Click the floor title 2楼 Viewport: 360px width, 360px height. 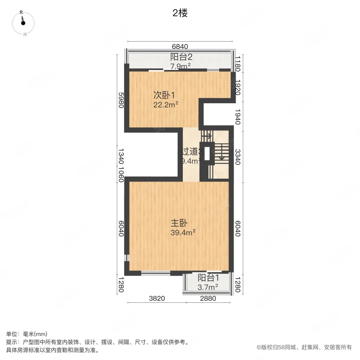(x=180, y=13)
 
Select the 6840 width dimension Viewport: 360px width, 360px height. (x=180, y=46)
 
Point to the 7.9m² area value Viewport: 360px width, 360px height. (x=180, y=66)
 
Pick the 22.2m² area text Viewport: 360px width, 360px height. (x=165, y=105)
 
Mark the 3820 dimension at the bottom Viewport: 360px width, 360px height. (x=157, y=298)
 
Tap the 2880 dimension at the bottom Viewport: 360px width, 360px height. (x=208, y=298)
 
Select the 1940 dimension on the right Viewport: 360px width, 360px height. (x=238, y=117)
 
